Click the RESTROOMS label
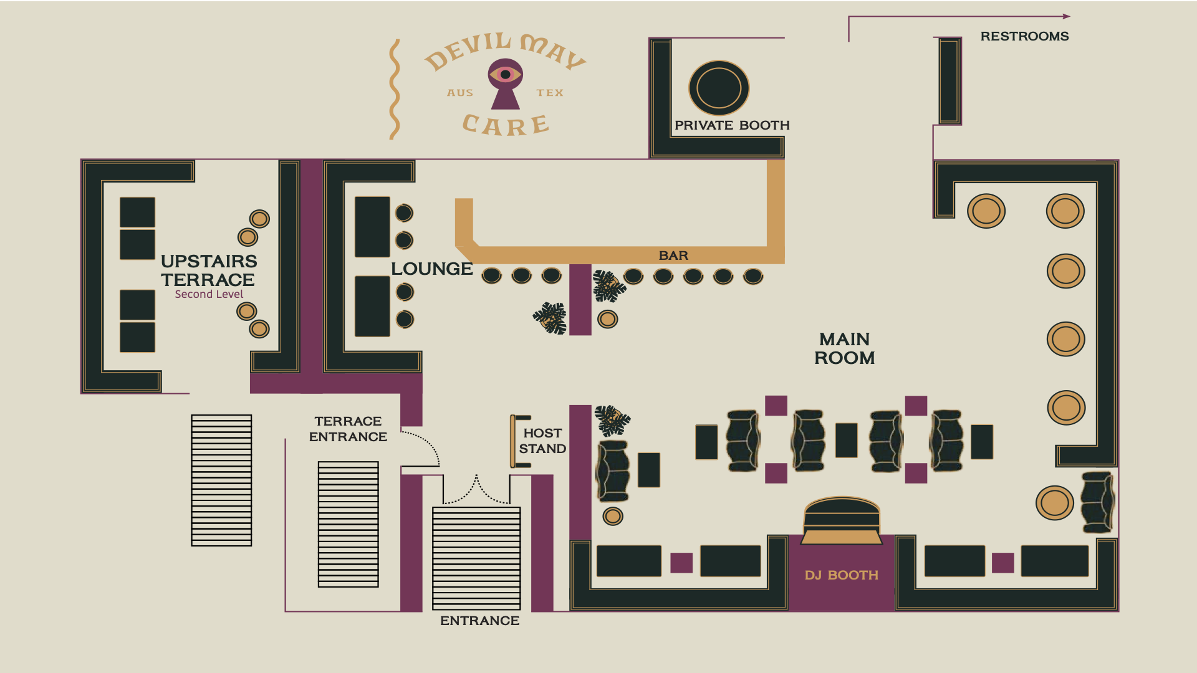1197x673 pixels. [x=1024, y=36]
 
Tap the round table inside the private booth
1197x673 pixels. [x=719, y=88]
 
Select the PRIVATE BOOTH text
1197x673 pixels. [x=732, y=125]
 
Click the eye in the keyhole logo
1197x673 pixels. [x=506, y=75]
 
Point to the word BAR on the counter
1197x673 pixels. [x=673, y=255]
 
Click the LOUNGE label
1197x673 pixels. [x=431, y=269]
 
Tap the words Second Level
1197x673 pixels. [x=209, y=294]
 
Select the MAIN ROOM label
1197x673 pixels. [x=845, y=348]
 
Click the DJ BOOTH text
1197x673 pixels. [x=841, y=575]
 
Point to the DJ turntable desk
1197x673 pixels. [x=842, y=521]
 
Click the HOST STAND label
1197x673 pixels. [x=542, y=441]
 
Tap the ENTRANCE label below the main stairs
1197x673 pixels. [x=479, y=621]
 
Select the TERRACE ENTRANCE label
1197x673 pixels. [x=348, y=429]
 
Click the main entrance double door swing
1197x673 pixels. [x=476, y=490]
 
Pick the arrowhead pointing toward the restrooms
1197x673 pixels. [x=1066, y=17]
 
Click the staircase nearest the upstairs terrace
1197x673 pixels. [x=221, y=480]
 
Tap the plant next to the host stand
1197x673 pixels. [x=612, y=420]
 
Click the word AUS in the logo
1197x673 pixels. [x=460, y=93]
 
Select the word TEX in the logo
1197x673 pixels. [x=550, y=93]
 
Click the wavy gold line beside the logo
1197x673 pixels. [x=394, y=89]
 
